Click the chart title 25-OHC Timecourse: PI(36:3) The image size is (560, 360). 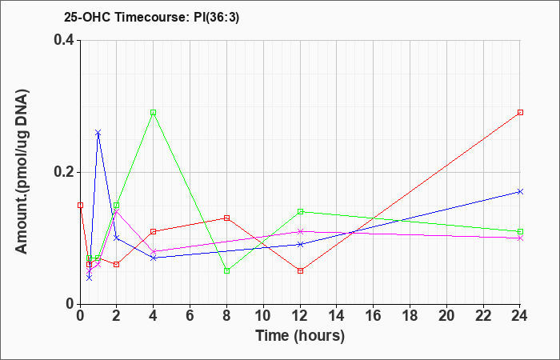tap(151, 18)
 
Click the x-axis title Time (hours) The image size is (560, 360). tap(300, 336)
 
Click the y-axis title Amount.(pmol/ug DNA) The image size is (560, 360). tap(22, 172)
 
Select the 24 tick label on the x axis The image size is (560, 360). tap(520, 316)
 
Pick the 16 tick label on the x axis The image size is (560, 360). tap(374, 316)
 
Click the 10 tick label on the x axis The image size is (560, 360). tap(263, 316)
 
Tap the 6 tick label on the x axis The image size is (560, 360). tap(190, 316)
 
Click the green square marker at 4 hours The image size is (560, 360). tap(154, 113)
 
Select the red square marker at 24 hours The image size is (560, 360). tap(520, 113)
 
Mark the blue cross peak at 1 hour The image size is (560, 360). tap(98, 133)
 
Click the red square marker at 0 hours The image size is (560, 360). tap(80, 206)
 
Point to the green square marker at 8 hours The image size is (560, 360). tap(226, 270)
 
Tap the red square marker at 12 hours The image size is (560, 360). tap(300, 270)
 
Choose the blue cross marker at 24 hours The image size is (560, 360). tap(520, 192)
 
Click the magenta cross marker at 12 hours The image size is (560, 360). tap(300, 231)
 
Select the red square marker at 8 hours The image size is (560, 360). tap(226, 218)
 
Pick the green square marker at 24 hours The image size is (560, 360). tap(520, 231)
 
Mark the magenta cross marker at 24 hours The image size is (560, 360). tap(520, 238)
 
